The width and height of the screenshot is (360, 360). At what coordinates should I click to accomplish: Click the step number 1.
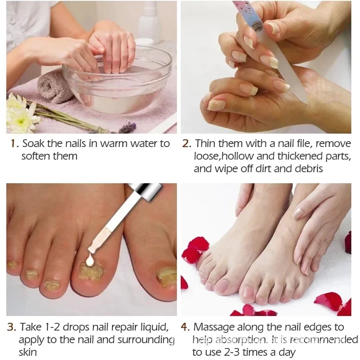(x=14, y=144)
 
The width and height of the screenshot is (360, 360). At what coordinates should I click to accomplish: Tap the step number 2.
(x=186, y=144)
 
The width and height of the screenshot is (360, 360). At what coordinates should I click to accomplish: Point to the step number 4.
(x=185, y=327)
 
